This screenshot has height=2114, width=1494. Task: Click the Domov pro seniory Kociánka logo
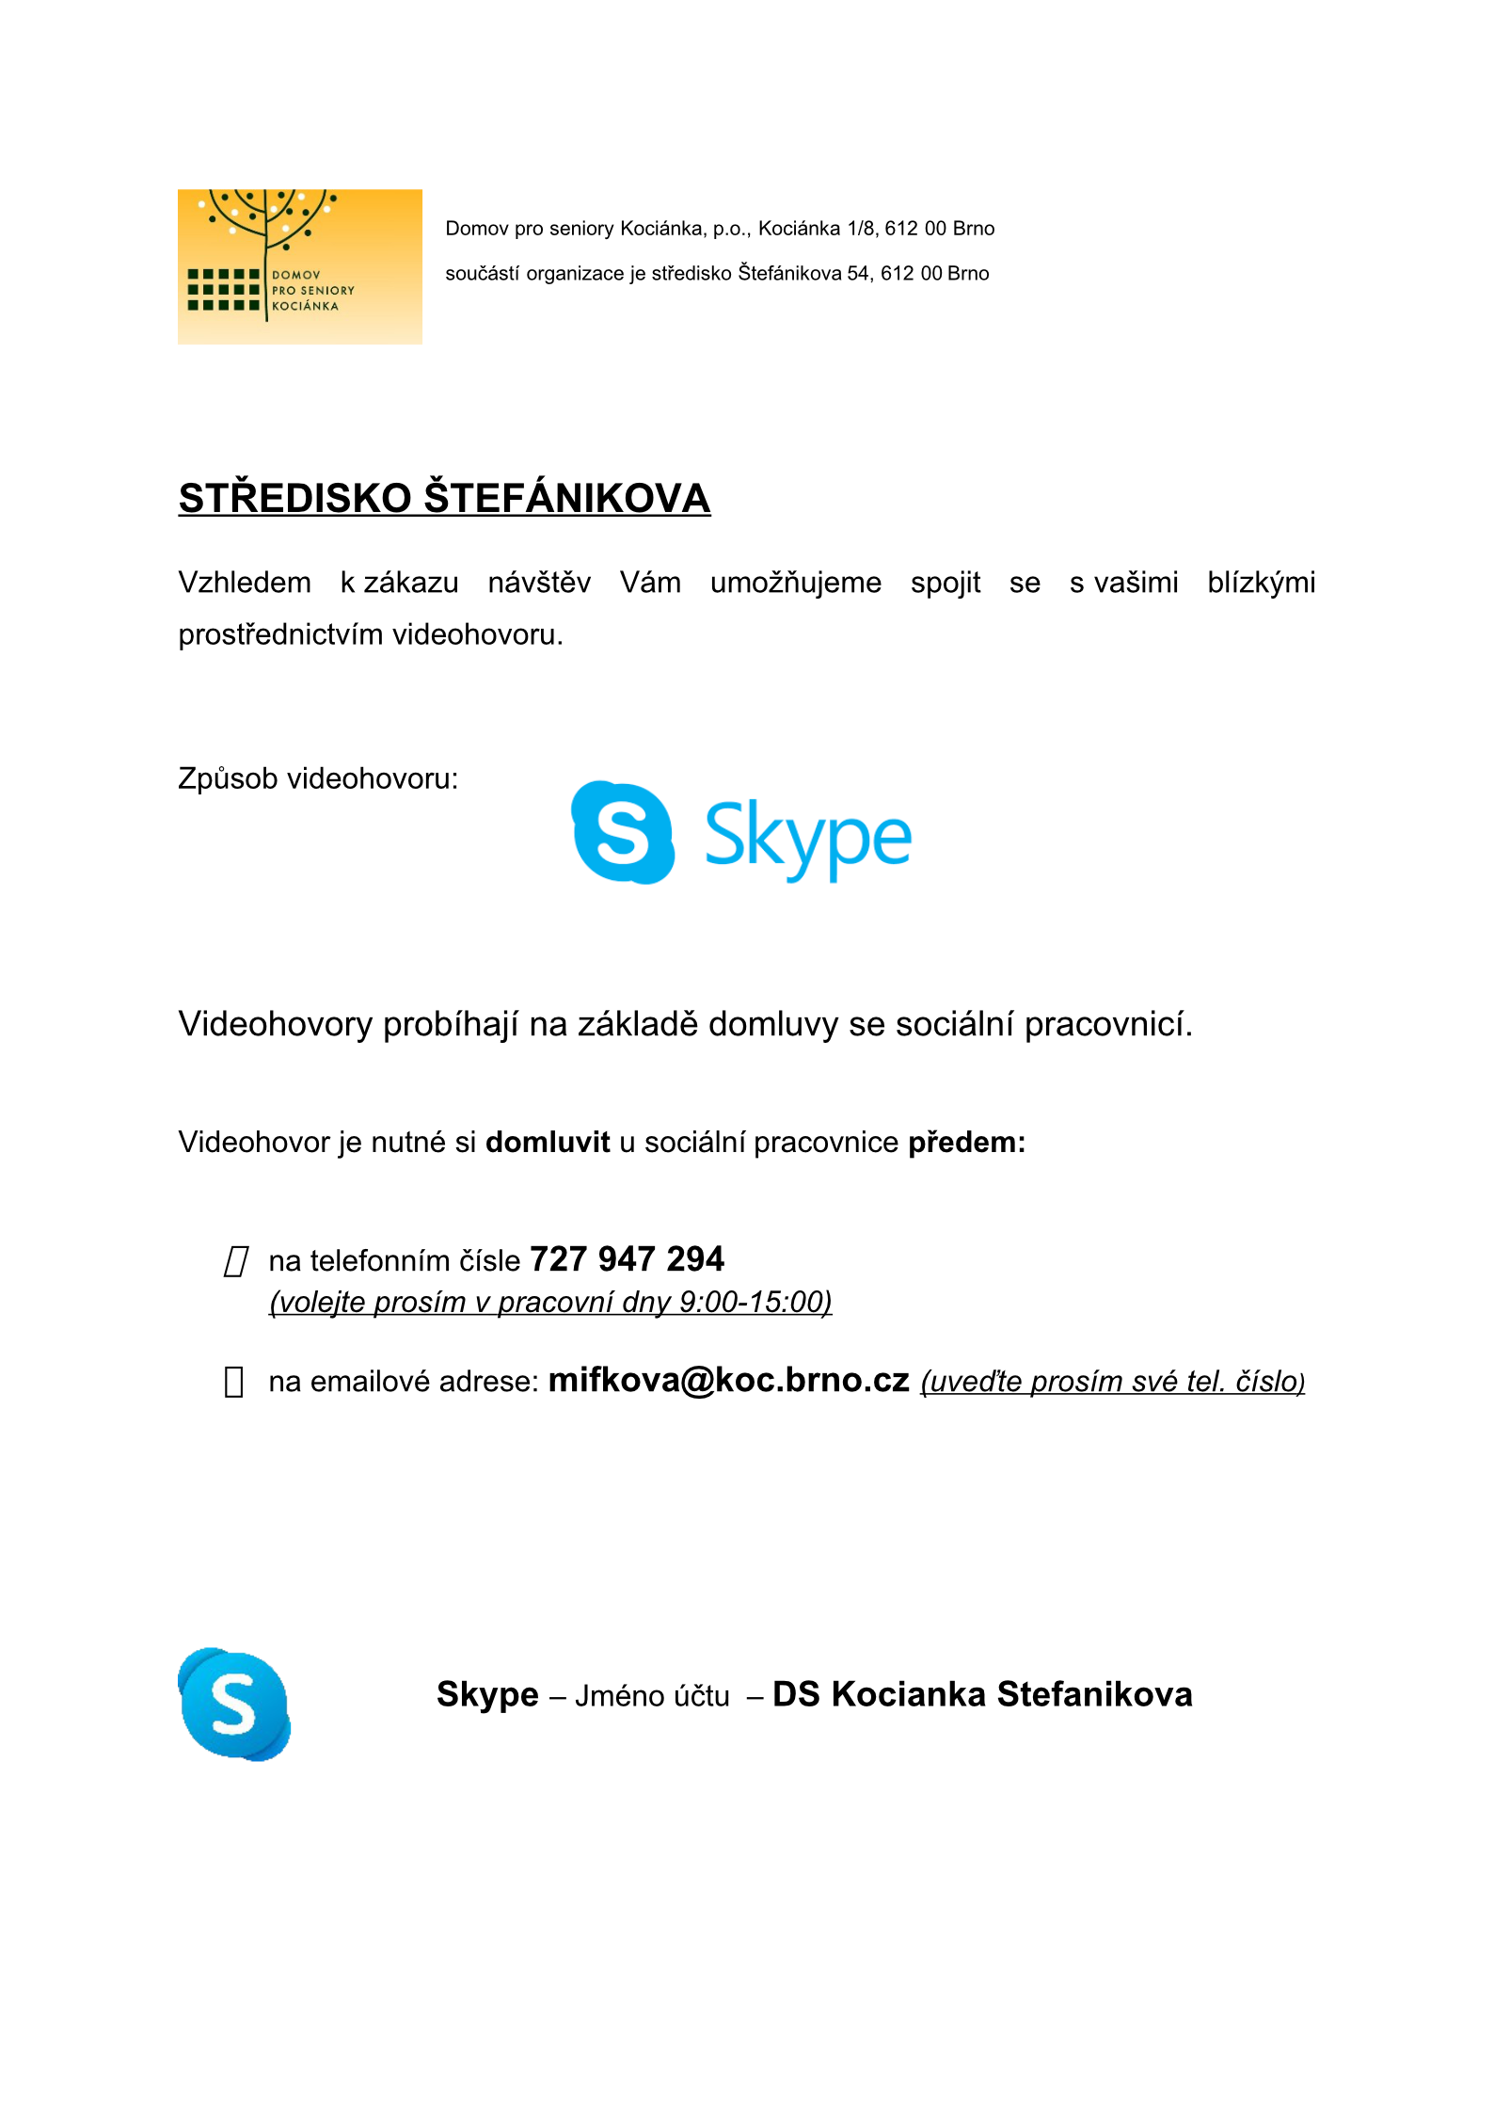299,266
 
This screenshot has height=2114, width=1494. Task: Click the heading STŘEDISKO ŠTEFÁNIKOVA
444,498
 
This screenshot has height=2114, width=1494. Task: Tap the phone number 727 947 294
627,1258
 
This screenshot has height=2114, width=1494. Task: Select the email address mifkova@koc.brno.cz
728,1380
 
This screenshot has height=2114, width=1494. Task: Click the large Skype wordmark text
807,836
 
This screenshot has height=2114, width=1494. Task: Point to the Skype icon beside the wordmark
623,832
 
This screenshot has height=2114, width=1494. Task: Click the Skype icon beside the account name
234,1704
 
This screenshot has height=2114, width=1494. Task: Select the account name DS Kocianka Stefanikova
981,1694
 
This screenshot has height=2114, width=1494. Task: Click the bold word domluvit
548,1142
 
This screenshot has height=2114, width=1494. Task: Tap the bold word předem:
966,1142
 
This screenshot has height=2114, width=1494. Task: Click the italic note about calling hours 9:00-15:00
550,1302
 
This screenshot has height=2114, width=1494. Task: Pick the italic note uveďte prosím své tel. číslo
1112,1381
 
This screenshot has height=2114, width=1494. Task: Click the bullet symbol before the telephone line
235,1261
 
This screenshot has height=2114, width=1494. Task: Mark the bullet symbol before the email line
234,1382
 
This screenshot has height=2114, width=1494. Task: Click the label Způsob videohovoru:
318,778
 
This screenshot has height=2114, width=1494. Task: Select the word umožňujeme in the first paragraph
796,583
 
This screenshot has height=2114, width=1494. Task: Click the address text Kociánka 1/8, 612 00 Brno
876,229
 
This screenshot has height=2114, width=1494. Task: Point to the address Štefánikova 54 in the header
803,274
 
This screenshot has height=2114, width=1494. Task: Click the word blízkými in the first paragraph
1261,583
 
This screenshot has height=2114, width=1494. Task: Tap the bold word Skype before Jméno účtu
487,1694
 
